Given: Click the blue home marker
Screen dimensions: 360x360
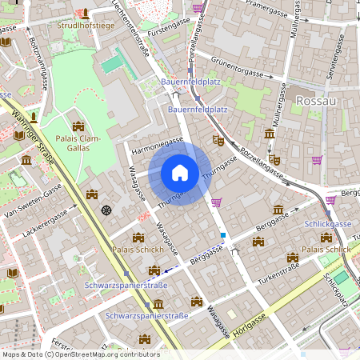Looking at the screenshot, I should [x=180, y=172].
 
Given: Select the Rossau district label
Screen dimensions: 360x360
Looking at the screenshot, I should [x=316, y=102].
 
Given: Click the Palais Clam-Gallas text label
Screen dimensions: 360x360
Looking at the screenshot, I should [x=78, y=142].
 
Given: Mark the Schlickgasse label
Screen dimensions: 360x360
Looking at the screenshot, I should [x=328, y=224].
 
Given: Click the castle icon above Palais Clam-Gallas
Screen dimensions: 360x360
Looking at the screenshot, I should [x=78, y=126].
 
